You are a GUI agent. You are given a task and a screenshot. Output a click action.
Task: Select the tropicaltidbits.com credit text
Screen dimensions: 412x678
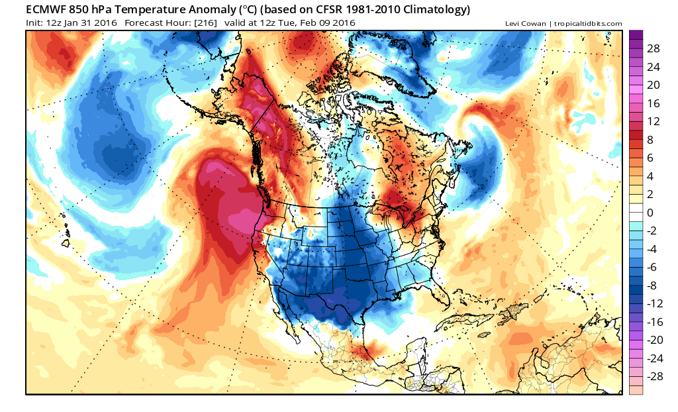point(589,24)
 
